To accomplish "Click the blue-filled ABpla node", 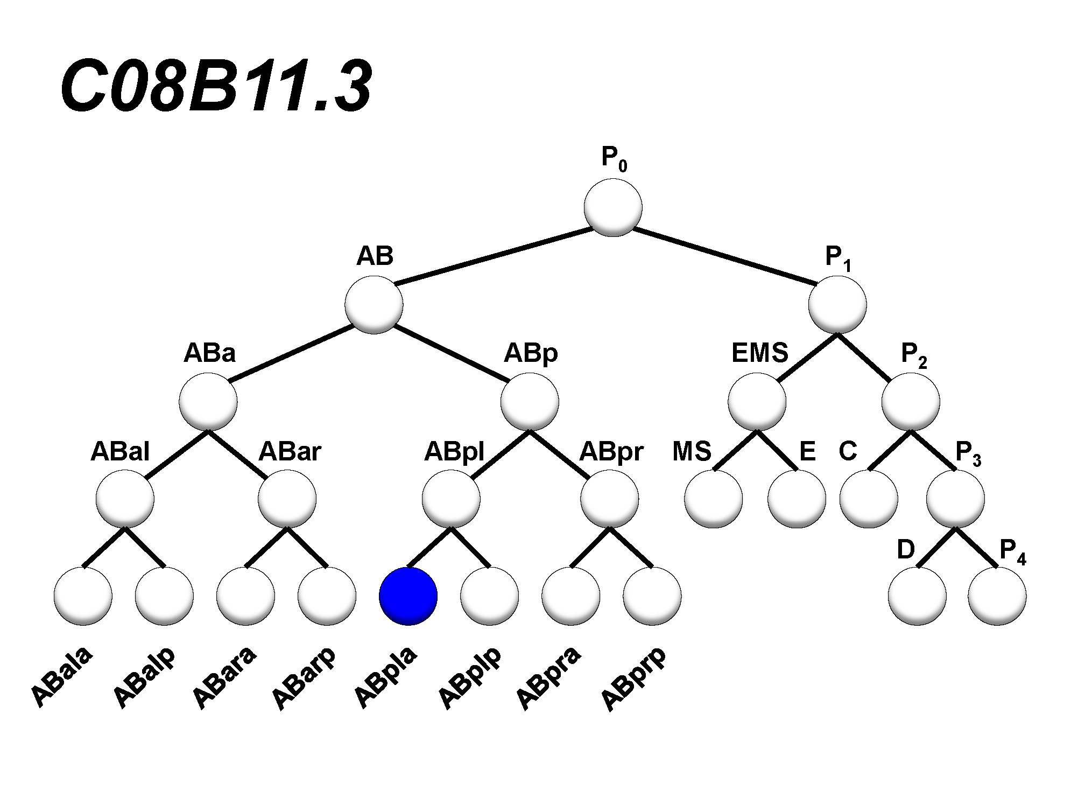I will click(x=408, y=596).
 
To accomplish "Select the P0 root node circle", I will click(x=613, y=207).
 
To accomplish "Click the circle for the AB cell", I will click(x=374, y=304).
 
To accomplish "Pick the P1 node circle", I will click(x=837, y=304).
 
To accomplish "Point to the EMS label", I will click(x=759, y=353).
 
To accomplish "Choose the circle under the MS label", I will click(x=713, y=499).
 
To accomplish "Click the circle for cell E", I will click(x=797, y=499).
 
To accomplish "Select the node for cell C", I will click(x=869, y=499).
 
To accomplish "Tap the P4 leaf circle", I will click(x=997, y=596).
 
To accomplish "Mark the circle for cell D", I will click(x=917, y=596).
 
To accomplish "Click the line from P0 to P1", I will click(x=724, y=256).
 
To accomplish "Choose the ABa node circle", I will click(x=208, y=402).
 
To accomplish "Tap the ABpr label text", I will click(x=611, y=452).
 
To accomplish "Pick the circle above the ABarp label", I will click(x=327, y=596).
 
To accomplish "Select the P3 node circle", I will click(x=955, y=499).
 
